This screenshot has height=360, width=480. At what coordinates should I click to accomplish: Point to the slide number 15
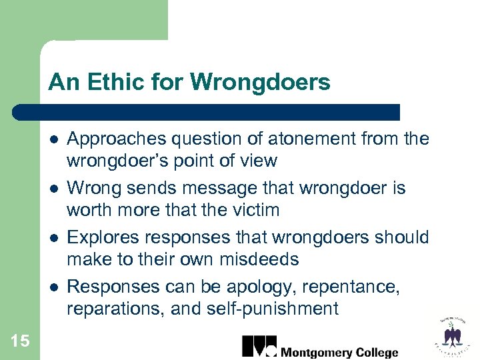(20, 341)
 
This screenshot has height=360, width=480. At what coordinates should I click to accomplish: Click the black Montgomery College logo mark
(258, 347)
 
